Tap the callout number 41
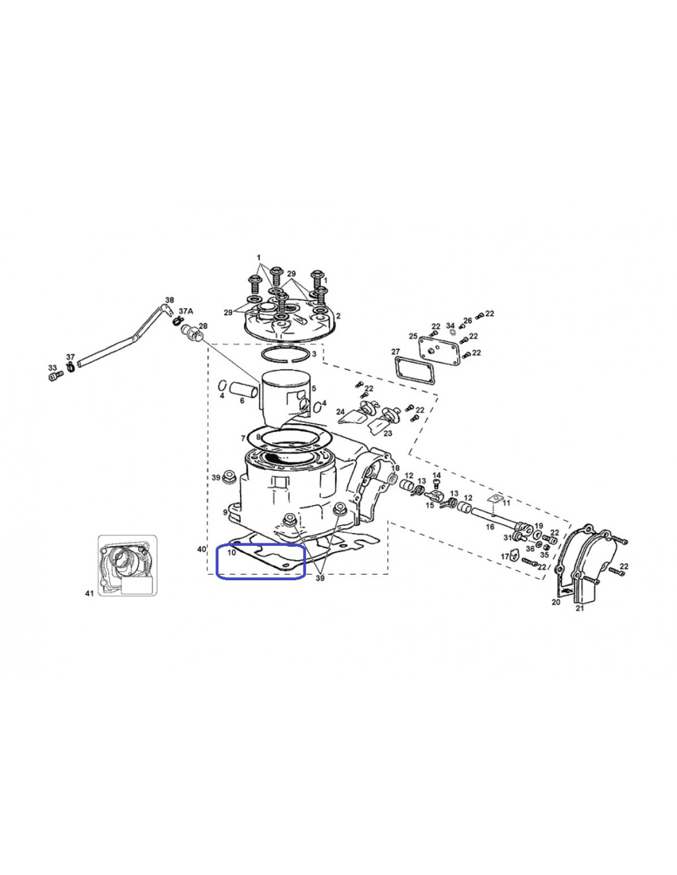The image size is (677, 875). (89, 593)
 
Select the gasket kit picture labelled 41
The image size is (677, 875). (127, 565)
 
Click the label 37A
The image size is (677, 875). (186, 311)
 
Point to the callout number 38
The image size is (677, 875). (169, 300)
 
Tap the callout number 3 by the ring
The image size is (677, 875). (314, 354)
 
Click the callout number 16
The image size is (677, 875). (490, 527)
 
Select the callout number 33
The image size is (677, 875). (52, 367)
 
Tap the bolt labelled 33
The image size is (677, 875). (55, 377)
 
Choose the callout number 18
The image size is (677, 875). (395, 468)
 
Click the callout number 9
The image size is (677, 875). (225, 512)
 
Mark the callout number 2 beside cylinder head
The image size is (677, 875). (338, 316)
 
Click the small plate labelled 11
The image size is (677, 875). (495, 499)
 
